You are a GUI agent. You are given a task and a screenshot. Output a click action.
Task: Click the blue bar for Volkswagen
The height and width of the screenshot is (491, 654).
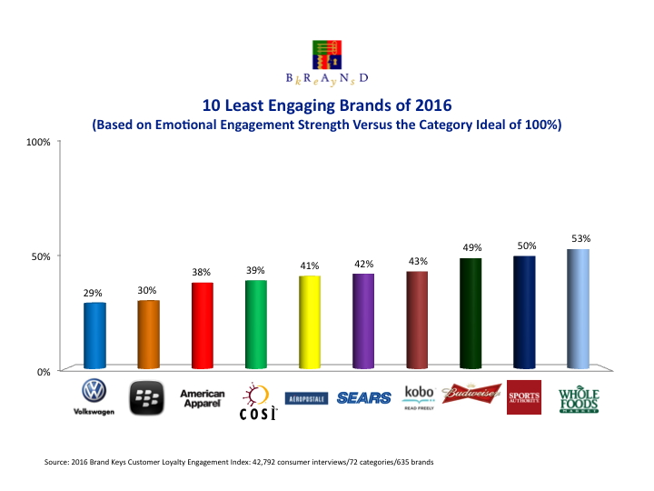pyautogui.click(x=94, y=336)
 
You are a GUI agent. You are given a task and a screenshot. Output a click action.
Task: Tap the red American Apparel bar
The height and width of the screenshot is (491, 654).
pyautogui.click(x=202, y=326)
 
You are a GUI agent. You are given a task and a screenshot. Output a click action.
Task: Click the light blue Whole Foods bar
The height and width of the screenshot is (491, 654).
pyautogui.click(x=578, y=309)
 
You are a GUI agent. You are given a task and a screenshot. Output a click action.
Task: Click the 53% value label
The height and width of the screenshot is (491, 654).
pyautogui.click(x=578, y=238)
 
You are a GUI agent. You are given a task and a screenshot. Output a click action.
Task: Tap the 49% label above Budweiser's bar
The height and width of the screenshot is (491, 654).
pyautogui.click(x=471, y=247)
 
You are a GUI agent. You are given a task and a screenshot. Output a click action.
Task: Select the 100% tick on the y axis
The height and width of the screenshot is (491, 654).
pyautogui.click(x=38, y=142)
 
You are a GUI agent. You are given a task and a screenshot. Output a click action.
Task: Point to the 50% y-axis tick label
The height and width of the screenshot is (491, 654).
pyautogui.click(x=41, y=256)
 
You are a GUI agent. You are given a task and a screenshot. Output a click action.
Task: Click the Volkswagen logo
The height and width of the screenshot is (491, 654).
pyautogui.click(x=94, y=397)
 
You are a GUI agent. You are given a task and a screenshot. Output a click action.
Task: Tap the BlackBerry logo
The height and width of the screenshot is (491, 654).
pyautogui.click(x=148, y=397)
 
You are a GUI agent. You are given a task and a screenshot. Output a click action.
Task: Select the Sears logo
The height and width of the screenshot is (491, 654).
pyautogui.click(x=363, y=397)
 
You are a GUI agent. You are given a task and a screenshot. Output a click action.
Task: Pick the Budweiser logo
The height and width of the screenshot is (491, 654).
pyautogui.click(x=471, y=393)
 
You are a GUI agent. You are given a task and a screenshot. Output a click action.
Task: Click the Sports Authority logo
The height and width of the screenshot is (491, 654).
pyautogui.click(x=524, y=397)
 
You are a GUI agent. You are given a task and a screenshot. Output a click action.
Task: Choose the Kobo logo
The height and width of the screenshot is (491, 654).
pyautogui.click(x=417, y=396)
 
